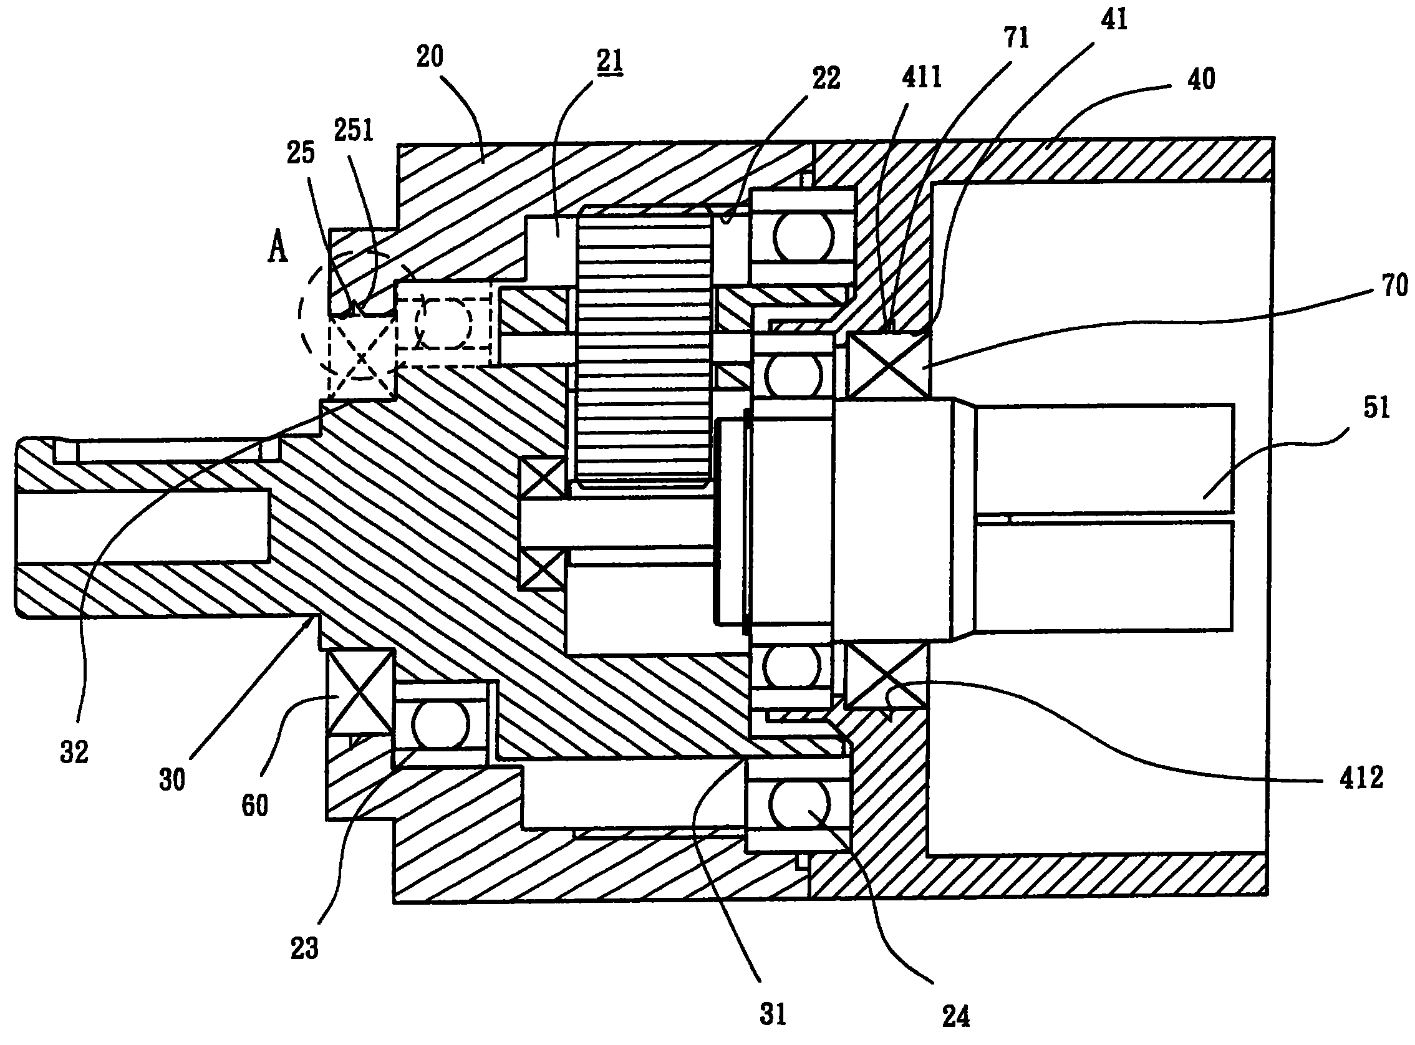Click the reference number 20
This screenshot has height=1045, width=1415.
point(430,57)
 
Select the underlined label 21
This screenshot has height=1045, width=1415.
point(609,62)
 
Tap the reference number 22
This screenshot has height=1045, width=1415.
point(826,79)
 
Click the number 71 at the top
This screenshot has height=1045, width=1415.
point(1017,39)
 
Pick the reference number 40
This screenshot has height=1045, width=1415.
point(1200,79)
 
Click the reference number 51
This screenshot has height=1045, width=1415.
point(1376,407)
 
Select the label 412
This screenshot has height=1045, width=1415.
point(1361,778)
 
